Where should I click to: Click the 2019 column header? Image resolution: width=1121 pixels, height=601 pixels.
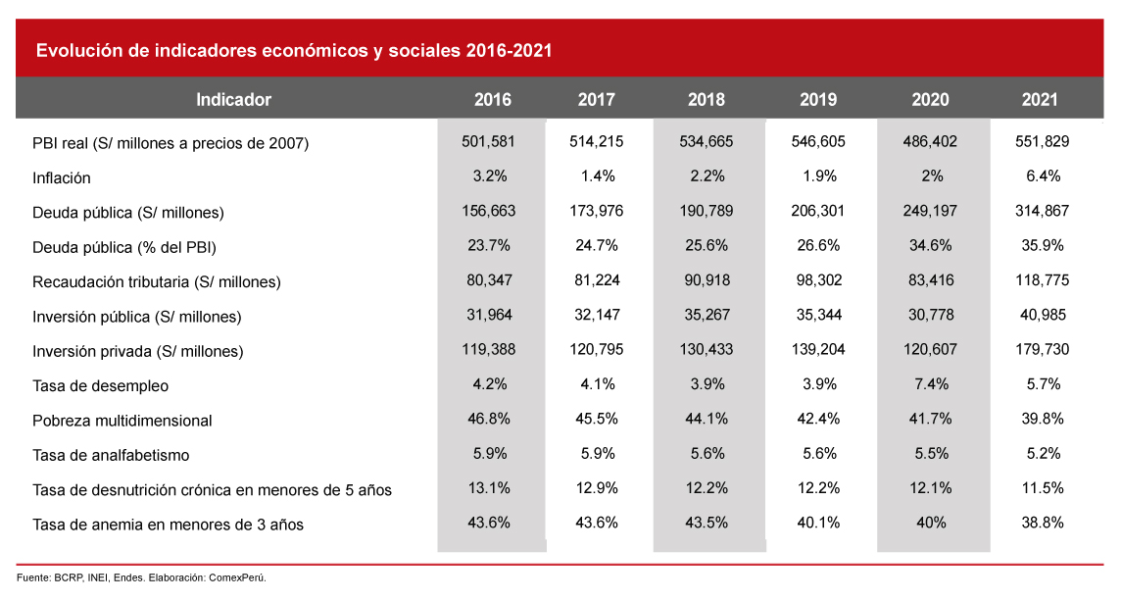coord(818,100)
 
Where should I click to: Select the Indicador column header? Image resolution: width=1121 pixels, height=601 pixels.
coord(233,100)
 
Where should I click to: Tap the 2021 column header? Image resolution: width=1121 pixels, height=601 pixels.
coord(1040,100)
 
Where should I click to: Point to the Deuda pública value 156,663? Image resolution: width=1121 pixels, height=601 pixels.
coord(488,211)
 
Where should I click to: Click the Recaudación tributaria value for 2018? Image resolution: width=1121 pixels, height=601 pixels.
coord(707,280)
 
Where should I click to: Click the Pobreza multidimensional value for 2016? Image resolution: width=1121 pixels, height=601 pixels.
coord(488,419)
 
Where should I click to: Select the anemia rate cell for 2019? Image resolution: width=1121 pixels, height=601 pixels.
coord(818,523)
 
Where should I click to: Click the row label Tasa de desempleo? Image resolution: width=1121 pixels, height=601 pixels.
coord(100,386)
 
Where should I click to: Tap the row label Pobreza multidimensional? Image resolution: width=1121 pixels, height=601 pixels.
coord(122,421)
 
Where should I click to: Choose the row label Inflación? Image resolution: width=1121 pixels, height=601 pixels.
coord(62,178)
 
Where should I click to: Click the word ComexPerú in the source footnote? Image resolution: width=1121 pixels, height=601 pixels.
coord(237,577)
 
